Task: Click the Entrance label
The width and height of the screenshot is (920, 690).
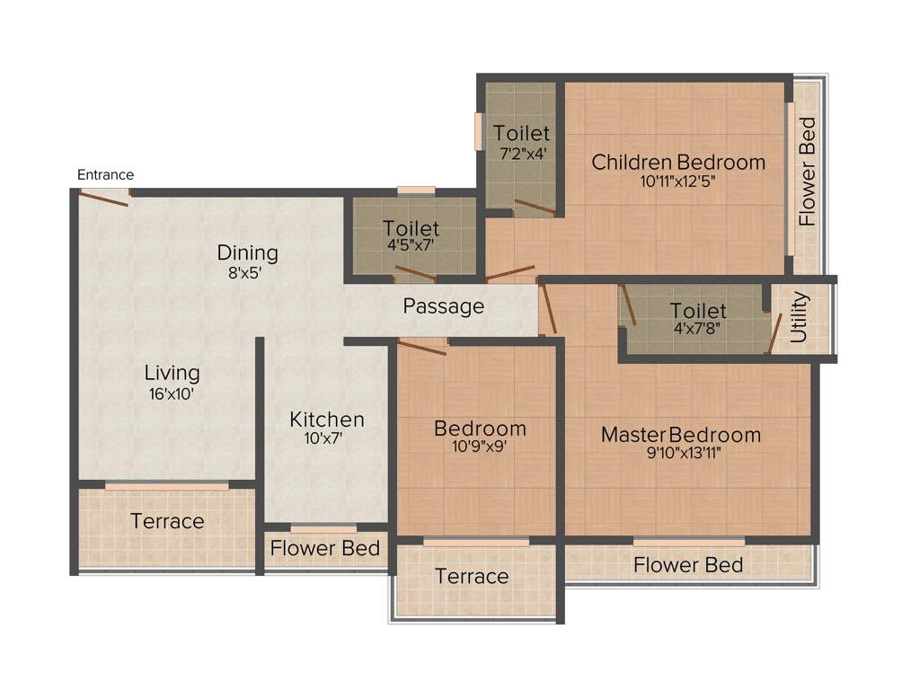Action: tap(105, 174)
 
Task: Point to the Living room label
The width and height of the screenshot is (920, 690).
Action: tap(172, 372)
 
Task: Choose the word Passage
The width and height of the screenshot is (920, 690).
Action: tap(443, 306)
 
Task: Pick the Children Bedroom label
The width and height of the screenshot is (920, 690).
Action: tap(678, 163)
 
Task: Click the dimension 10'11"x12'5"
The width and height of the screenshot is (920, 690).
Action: tap(678, 181)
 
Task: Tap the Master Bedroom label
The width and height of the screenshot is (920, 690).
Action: tap(680, 435)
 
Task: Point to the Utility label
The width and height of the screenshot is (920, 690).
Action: tap(799, 317)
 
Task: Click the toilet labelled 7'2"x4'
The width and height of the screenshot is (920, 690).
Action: tap(521, 144)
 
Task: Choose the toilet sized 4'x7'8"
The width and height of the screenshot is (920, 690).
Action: tap(698, 319)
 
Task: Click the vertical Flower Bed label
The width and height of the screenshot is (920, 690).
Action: tap(807, 172)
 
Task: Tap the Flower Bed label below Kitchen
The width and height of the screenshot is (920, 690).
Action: tap(325, 548)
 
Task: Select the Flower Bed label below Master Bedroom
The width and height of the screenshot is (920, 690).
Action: tap(688, 565)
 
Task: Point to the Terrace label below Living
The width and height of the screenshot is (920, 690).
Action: tap(167, 521)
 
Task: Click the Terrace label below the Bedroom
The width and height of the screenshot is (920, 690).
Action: tap(472, 577)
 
